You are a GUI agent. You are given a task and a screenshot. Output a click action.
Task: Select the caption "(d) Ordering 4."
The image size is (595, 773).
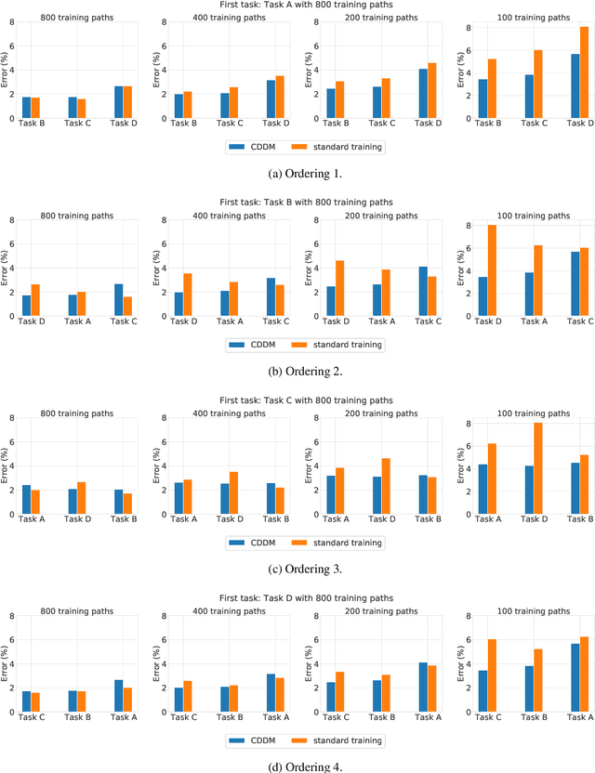click(x=297, y=766)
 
